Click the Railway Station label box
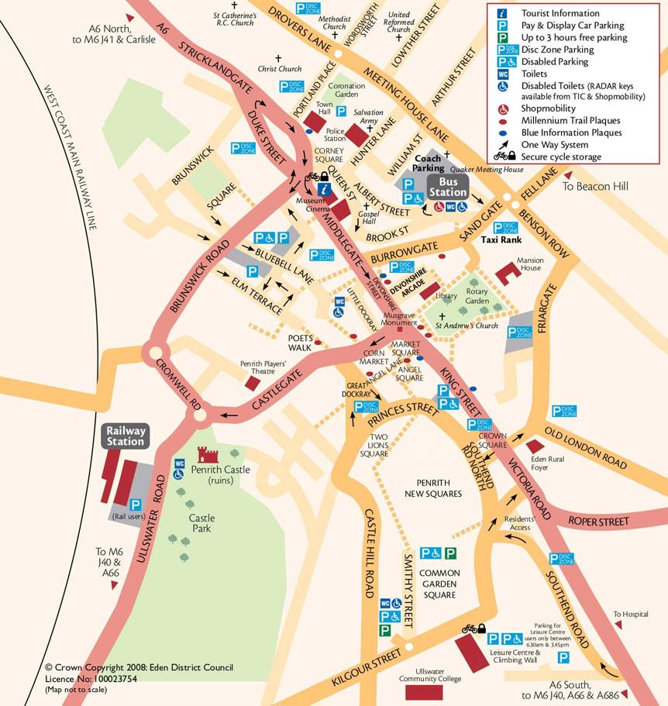pos(126,436)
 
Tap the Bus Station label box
pos(448,187)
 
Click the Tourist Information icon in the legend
pos(502,13)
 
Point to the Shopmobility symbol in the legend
pos(502,109)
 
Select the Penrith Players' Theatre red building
pos(253,382)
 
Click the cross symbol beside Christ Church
pos(278,58)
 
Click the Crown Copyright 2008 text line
pos(139,667)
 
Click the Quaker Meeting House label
pos(480,170)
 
